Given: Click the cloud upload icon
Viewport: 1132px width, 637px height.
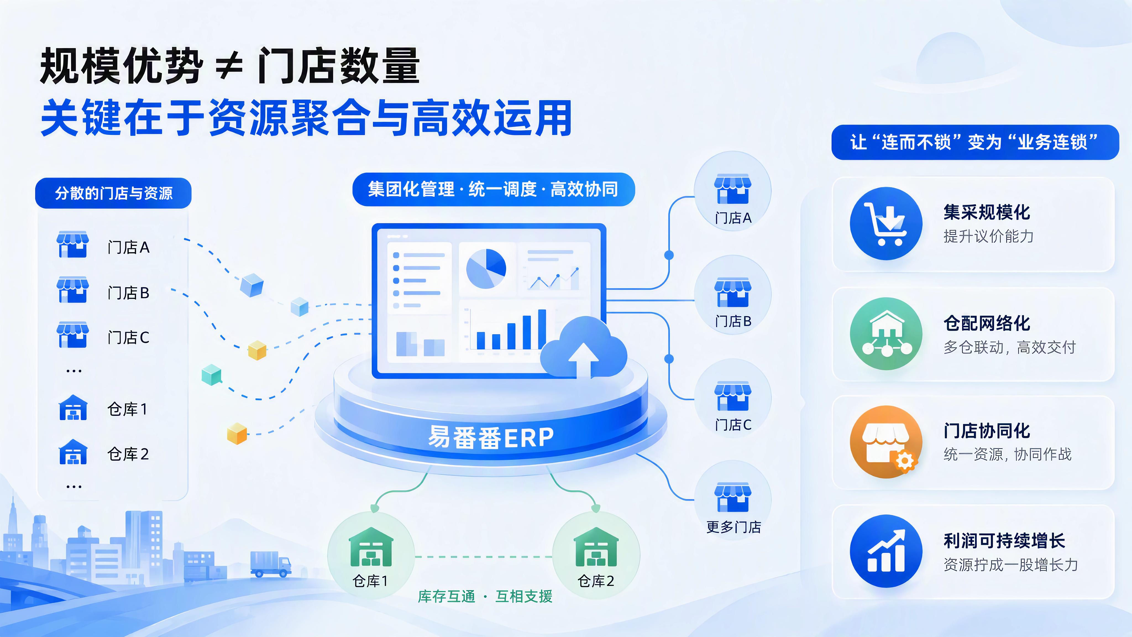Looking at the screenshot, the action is click(x=584, y=347).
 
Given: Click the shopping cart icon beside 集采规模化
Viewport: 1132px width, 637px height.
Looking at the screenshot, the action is click(x=886, y=223).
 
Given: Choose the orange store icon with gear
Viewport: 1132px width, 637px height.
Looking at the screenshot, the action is click(x=886, y=442).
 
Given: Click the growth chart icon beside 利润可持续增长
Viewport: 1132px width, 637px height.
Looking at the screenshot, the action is click(x=886, y=551).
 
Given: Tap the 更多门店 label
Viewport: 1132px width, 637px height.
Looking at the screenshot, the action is click(x=733, y=527).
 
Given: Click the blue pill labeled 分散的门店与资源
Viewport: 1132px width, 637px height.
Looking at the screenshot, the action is click(x=113, y=193).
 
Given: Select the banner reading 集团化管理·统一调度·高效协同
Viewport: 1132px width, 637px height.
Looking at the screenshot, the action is click(x=494, y=189).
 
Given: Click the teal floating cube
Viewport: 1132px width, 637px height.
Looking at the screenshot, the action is click(x=211, y=375).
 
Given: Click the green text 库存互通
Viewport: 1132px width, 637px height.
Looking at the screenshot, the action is click(x=447, y=597).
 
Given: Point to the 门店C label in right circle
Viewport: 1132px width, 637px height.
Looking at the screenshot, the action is click(x=733, y=425).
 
